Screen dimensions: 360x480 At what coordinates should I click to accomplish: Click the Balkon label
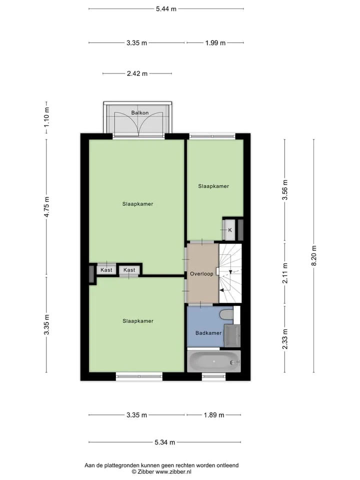[140, 112]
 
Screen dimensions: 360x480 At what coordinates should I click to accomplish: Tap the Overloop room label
[201, 273]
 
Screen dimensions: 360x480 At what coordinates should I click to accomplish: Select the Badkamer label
[208, 333]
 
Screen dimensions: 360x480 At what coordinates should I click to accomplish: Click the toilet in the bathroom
[227, 314]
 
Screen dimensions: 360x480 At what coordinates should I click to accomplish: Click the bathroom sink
[232, 335]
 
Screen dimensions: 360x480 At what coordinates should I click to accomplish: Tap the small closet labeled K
[230, 230]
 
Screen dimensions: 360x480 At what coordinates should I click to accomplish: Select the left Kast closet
[106, 269]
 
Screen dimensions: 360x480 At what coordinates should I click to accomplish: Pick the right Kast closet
[129, 269]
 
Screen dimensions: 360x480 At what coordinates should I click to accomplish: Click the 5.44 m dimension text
[166, 9]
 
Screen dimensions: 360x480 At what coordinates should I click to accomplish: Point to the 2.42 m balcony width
[137, 73]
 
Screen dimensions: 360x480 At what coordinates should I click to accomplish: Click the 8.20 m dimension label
[314, 256]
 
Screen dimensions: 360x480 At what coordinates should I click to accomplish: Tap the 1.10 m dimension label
[46, 117]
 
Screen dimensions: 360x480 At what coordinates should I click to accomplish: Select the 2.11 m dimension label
[284, 273]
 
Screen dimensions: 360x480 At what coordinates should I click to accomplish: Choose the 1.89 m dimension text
[214, 415]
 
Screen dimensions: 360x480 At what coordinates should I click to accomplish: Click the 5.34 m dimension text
[164, 442]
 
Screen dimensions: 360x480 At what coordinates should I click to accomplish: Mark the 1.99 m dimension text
[215, 43]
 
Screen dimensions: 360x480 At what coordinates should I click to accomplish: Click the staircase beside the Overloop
[230, 273]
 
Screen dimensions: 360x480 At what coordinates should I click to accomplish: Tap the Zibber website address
[173, 471]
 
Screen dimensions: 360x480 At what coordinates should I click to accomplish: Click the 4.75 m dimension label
[46, 207]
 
